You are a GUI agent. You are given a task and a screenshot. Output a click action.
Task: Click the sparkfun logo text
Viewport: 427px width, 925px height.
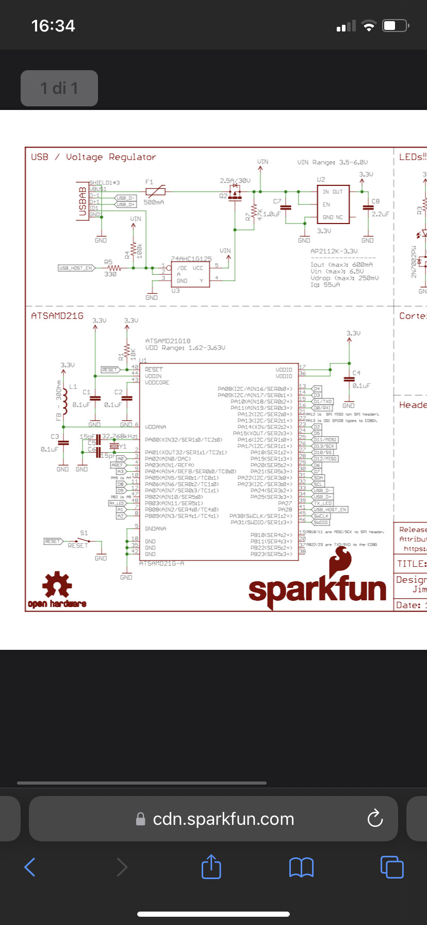[317, 589]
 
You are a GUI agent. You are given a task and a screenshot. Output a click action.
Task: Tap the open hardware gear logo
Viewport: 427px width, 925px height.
[57, 585]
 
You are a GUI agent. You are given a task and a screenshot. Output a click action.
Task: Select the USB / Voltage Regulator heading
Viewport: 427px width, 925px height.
[93, 157]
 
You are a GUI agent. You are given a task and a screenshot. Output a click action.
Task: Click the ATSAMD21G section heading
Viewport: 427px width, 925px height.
[57, 315]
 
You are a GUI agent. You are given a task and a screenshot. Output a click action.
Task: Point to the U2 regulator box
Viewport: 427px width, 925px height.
[333, 204]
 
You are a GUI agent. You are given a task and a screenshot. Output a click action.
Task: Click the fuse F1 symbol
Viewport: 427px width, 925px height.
[155, 192]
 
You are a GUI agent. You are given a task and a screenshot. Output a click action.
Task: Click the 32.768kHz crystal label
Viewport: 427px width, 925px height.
[120, 436]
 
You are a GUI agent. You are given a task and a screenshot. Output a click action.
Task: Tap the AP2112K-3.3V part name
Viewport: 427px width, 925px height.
[334, 251]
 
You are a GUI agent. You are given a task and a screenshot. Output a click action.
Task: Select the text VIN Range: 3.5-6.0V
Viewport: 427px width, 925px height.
[333, 162]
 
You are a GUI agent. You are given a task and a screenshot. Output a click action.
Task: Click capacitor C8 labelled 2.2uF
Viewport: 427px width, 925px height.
[368, 208]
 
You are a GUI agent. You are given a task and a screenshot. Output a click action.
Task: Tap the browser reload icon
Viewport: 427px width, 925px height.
[375, 818]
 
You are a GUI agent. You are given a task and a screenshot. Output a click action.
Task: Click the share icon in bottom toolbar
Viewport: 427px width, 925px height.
[211, 867]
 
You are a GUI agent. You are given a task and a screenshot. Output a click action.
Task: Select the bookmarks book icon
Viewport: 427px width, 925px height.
[301, 867]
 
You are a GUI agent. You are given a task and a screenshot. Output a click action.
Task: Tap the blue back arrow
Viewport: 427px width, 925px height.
[30, 867]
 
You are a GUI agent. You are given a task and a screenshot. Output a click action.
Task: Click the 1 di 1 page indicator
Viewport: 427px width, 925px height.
[59, 88]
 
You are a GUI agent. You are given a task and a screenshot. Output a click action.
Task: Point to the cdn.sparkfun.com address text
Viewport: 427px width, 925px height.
[223, 819]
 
